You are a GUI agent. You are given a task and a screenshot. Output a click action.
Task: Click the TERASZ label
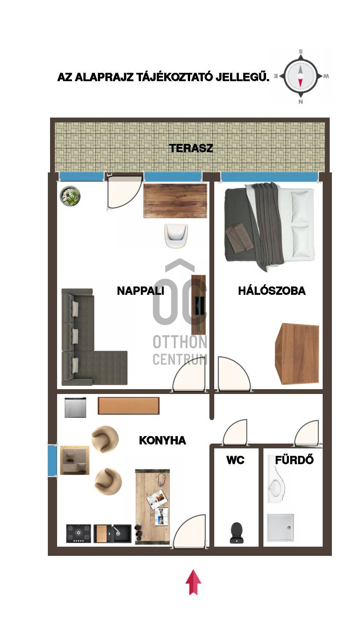(x=191, y=148)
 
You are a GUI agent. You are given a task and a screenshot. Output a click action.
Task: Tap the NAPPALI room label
(x=140, y=291)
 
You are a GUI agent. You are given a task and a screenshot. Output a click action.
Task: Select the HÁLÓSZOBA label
(x=272, y=290)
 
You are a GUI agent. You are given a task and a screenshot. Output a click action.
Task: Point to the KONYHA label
(x=162, y=440)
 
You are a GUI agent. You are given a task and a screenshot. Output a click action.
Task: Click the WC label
(x=235, y=460)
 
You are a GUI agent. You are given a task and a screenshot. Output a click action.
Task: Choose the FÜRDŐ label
(x=294, y=460)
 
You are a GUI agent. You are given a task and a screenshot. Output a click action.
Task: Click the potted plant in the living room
(x=70, y=197)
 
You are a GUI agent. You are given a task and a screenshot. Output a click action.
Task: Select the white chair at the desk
(x=176, y=236)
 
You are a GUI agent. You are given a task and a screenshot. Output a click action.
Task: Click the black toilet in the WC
(x=237, y=533)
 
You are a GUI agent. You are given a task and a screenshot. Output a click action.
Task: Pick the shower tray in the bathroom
(x=281, y=528)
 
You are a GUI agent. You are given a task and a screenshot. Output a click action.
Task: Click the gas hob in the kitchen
(x=79, y=533)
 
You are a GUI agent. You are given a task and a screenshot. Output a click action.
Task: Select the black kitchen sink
(x=112, y=533)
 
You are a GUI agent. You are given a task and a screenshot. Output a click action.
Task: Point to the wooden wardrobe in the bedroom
(x=297, y=354)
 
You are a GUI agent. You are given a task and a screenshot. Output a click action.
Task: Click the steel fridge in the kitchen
(x=76, y=408)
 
